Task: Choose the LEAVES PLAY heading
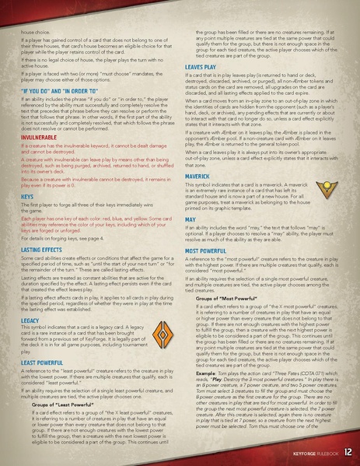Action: (x=200, y=68)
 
